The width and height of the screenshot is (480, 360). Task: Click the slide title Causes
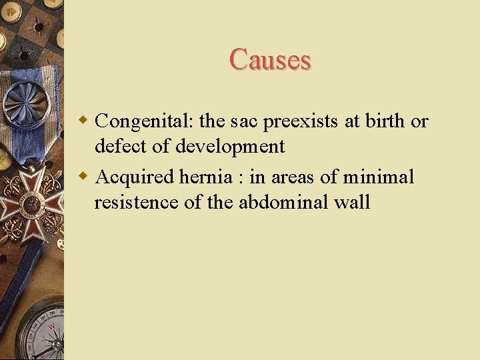[x=270, y=59]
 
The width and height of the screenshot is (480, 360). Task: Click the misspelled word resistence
[x=136, y=202]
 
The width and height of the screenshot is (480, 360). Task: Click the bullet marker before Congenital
[x=84, y=121]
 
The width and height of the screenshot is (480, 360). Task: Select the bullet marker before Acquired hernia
[x=84, y=177]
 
